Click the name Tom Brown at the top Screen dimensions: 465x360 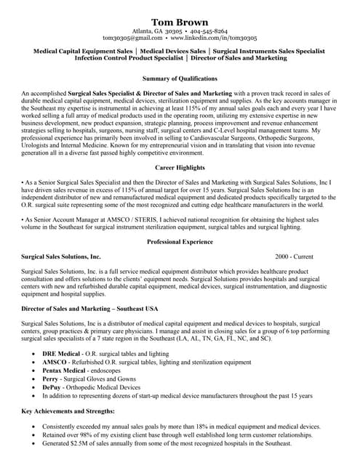[x=180, y=22]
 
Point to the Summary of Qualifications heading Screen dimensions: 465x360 [x=180, y=78]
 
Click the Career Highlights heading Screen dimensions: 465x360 [x=180, y=167]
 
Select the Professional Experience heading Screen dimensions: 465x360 [x=180, y=240]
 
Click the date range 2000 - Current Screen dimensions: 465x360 [x=295, y=256]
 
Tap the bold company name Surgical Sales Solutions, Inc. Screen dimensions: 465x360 [x=61, y=256]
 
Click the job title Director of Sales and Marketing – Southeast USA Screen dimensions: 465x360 [x=90, y=309]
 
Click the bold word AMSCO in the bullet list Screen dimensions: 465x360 [x=55, y=362]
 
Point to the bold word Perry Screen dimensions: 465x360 [x=50, y=379]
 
